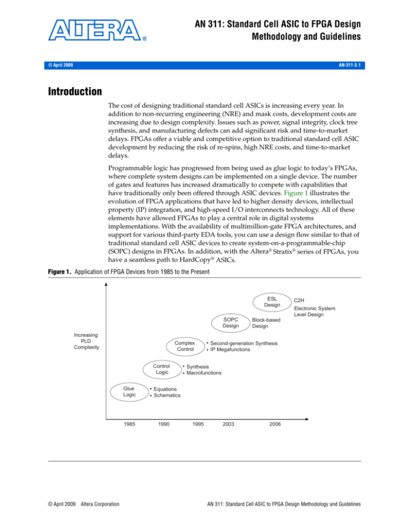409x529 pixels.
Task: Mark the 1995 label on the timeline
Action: (197, 424)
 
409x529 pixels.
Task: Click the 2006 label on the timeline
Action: (275, 424)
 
